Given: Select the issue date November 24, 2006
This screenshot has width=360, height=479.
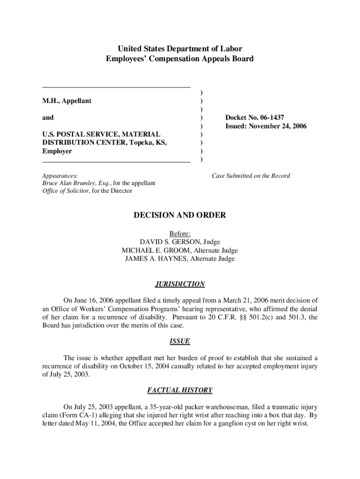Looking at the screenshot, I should pyautogui.click(x=280, y=126).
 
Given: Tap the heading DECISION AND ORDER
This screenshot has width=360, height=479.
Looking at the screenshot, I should pyautogui.click(x=180, y=215).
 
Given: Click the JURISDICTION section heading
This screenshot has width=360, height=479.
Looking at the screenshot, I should pyautogui.click(x=180, y=284).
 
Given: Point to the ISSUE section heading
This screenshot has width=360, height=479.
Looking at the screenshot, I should pyautogui.click(x=180, y=341).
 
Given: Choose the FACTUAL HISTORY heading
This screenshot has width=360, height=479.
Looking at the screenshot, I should pyautogui.click(x=180, y=390).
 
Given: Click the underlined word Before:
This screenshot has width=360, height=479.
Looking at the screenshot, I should pyautogui.click(x=180, y=233).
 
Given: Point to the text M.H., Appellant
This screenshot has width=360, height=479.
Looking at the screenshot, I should pyautogui.click(x=67, y=101).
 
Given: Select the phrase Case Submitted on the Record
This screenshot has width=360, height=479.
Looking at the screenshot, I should pyautogui.click(x=251, y=176).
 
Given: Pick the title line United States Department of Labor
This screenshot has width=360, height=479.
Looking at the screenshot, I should pyautogui.click(x=180, y=49).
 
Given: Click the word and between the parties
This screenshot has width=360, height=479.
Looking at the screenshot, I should pyautogui.click(x=48, y=117).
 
